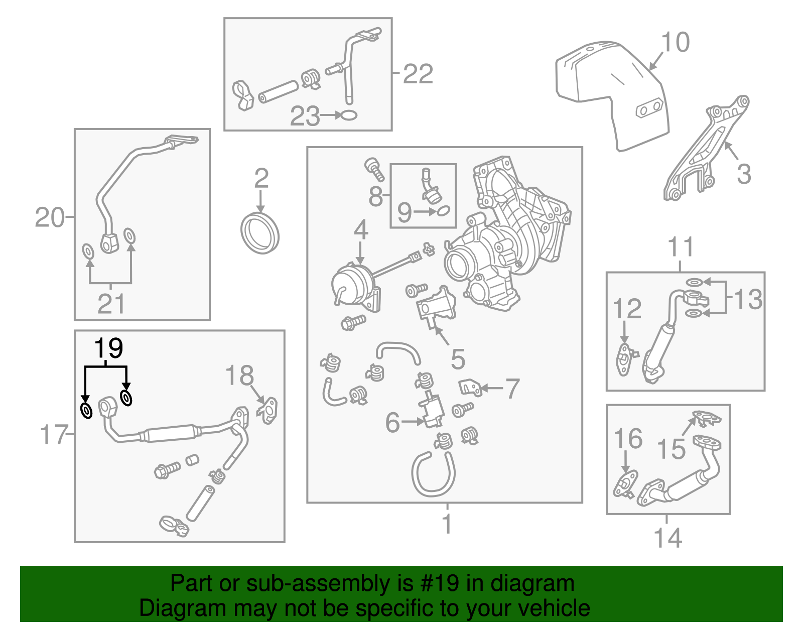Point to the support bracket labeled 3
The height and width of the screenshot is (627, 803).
tap(705, 151)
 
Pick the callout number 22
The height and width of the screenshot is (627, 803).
tap(418, 74)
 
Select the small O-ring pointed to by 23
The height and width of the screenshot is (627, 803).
tap(349, 115)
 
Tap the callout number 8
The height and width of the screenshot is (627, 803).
tap(375, 196)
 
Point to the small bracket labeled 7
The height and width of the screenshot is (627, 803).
tap(470, 387)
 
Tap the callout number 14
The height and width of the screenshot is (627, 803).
tap(668, 538)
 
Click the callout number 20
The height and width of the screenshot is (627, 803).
tap(50, 217)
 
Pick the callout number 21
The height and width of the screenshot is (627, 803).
tap(111, 304)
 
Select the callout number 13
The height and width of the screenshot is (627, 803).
tap(748, 299)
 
